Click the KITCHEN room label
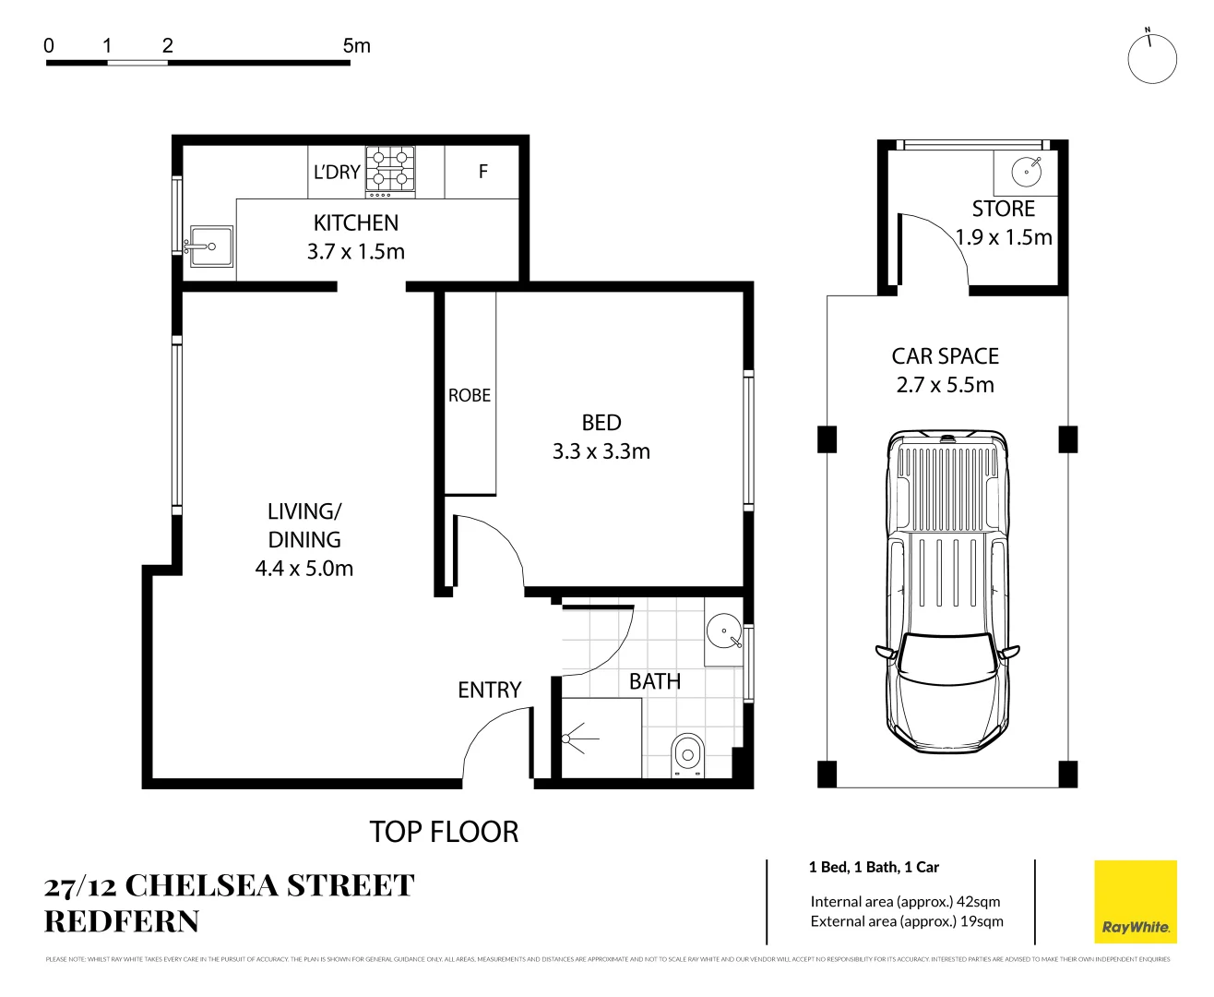[x=356, y=223]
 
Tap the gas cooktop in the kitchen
[x=390, y=171]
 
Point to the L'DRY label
[x=337, y=172]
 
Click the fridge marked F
[x=482, y=172]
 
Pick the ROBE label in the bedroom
[x=470, y=395]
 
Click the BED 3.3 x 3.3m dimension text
[x=601, y=451]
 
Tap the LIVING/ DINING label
[x=304, y=525]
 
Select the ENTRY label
[x=490, y=690]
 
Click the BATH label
[x=655, y=681]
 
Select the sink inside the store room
[x=1026, y=171]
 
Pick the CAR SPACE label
[x=946, y=356]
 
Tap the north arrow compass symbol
[x=1152, y=57]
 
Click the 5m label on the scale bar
[x=356, y=45]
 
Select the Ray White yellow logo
[x=1135, y=902]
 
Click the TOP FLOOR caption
[x=444, y=832]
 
